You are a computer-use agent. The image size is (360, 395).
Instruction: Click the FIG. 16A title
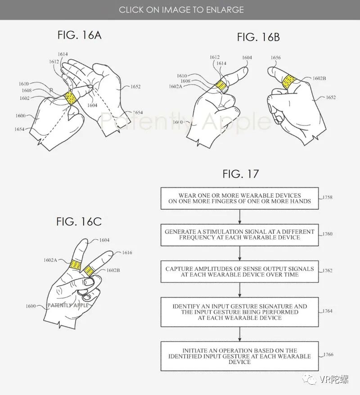(x=79, y=35)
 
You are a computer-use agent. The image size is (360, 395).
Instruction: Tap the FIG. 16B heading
(x=258, y=37)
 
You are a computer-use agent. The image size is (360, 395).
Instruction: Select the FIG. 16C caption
(x=79, y=221)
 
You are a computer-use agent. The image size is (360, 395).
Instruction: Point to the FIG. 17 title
(x=241, y=174)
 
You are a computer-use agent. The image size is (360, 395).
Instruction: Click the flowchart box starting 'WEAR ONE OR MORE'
(x=239, y=198)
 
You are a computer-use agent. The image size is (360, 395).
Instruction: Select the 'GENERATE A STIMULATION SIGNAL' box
(x=239, y=234)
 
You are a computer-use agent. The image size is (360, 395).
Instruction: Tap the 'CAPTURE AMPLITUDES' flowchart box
(x=239, y=271)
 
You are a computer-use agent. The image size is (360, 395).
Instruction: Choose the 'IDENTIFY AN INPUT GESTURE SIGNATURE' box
(x=239, y=312)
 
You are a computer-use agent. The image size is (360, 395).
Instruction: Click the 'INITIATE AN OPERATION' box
(x=239, y=356)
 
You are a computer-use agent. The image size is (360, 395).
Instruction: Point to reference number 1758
(x=328, y=197)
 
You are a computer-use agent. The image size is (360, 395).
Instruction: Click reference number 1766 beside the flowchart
(x=328, y=355)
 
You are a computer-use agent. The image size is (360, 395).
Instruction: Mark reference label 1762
(x=328, y=270)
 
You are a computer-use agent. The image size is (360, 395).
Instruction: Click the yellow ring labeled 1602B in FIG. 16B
(x=288, y=81)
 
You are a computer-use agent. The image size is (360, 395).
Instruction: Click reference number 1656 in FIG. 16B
(x=276, y=58)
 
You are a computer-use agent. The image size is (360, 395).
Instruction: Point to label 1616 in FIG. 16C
(x=127, y=253)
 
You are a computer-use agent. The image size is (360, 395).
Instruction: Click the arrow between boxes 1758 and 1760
(x=239, y=216)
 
